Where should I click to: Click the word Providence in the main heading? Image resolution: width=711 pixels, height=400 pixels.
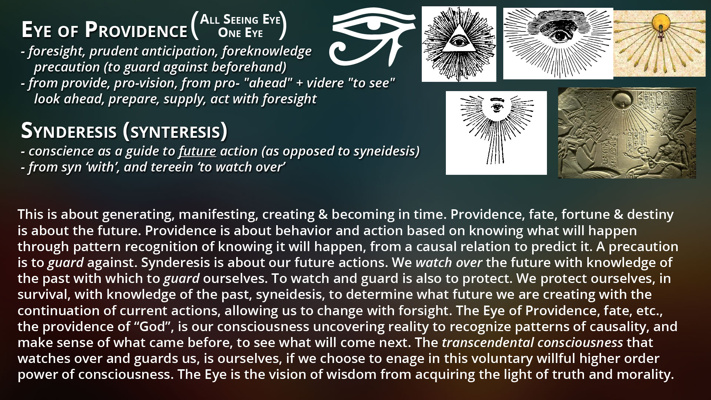[136, 30]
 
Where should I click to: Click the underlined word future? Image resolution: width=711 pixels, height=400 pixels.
[197, 151]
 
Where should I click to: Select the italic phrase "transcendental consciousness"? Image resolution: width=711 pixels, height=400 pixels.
[533, 343]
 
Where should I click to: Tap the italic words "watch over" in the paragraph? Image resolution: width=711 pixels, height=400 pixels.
[449, 262]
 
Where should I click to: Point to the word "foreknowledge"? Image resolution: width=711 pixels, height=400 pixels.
[267, 51]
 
